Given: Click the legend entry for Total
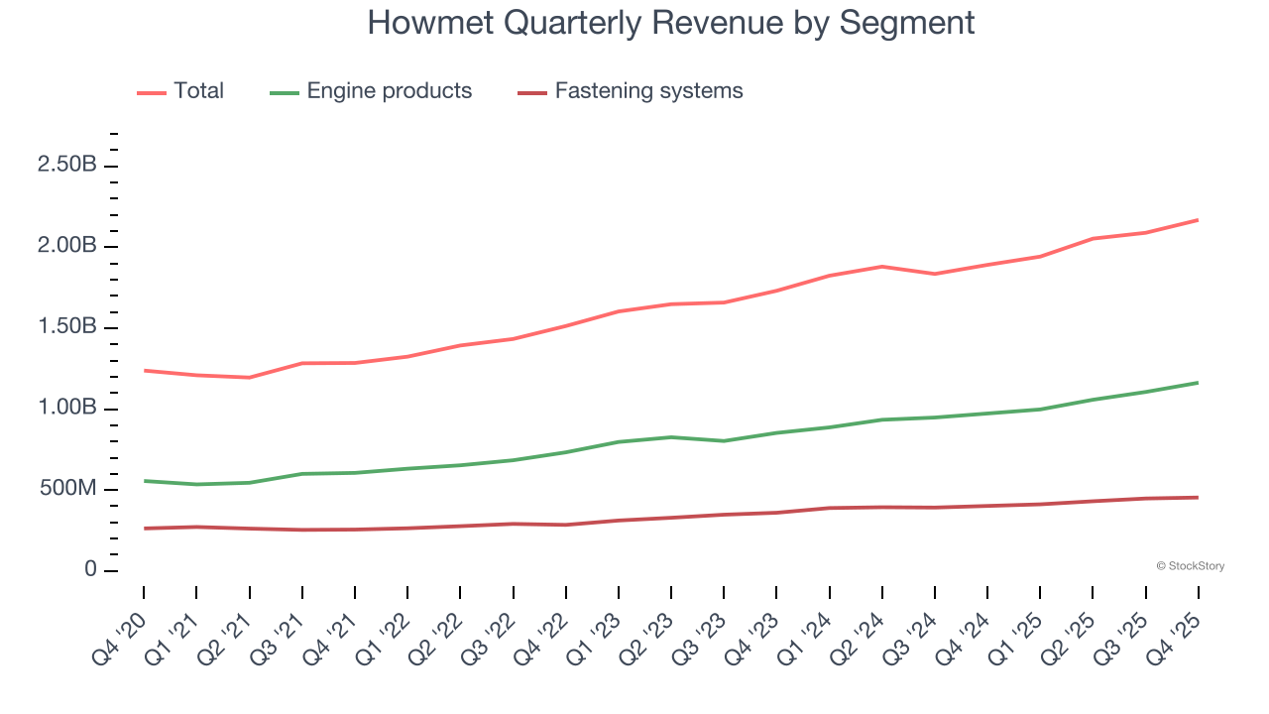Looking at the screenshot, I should [x=198, y=91].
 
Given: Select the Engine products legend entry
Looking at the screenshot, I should [x=389, y=91].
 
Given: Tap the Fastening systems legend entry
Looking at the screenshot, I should [x=648, y=91].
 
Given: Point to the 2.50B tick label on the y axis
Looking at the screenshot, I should [x=66, y=165].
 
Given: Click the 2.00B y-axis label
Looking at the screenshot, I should [x=66, y=246].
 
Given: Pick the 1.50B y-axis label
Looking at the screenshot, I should [x=66, y=327].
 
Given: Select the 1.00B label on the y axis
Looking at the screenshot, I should [x=66, y=409].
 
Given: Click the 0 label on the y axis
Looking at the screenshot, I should [x=90, y=570].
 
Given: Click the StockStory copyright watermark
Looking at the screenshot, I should [x=1190, y=566].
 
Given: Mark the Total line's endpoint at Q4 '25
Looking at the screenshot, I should [x=1199, y=220].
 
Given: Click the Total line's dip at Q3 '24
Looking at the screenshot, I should [x=935, y=274].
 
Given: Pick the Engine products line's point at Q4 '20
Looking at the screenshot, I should [x=144, y=481].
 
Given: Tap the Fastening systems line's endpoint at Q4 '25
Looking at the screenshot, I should [x=1199, y=497].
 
